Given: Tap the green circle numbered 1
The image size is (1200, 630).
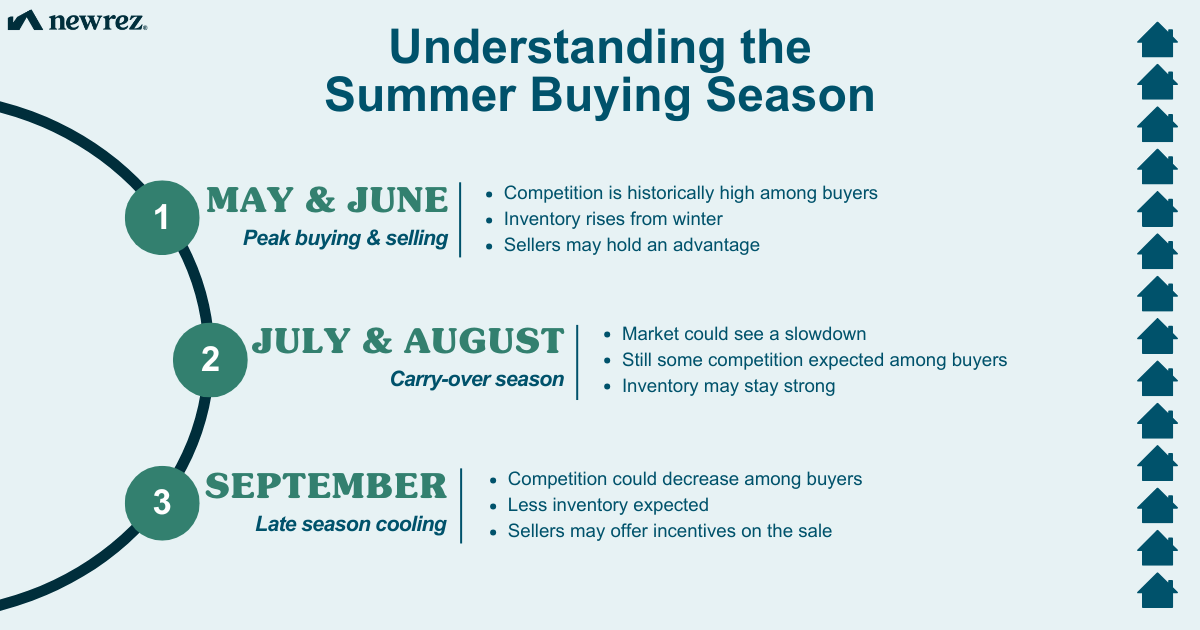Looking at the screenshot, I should (x=162, y=217).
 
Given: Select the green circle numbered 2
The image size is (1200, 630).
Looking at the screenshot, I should (x=210, y=359).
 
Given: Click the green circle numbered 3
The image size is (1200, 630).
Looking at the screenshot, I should (x=162, y=503).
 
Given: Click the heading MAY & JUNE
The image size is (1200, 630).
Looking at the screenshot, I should (x=327, y=200).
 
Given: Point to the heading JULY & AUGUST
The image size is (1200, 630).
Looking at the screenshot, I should (x=407, y=341).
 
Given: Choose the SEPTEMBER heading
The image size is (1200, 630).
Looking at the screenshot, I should (x=326, y=486).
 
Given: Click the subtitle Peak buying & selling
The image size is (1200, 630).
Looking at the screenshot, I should (x=345, y=239).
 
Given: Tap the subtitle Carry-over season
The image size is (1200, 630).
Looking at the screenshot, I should (x=477, y=380).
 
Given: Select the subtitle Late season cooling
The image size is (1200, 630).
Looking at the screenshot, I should (x=351, y=524).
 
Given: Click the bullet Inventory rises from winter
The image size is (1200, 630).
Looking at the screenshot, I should (x=613, y=219).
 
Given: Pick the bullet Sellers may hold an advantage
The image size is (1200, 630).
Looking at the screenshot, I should (x=631, y=245).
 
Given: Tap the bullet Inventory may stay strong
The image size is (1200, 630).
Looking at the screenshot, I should (x=728, y=386).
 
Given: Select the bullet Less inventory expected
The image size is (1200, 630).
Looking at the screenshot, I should (x=608, y=505).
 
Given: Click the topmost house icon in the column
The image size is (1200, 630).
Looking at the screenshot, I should (x=1157, y=39).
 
